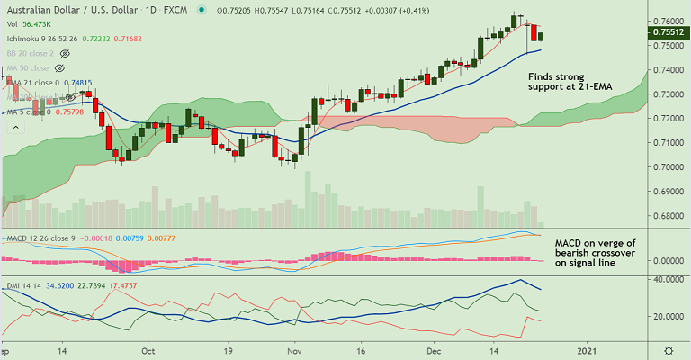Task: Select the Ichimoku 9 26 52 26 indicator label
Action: [x=41, y=39]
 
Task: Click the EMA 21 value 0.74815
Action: [x=77, y=83]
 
